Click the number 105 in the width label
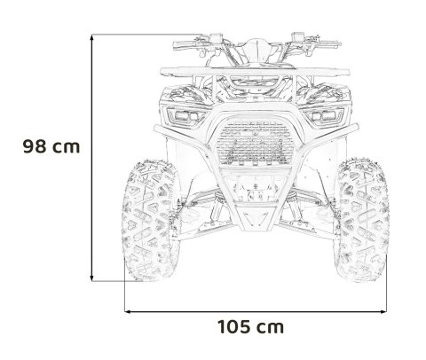pos(233,327)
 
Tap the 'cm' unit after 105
pos(270,327)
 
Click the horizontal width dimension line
pos(256,312)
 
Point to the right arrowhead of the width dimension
pos(386,312)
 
